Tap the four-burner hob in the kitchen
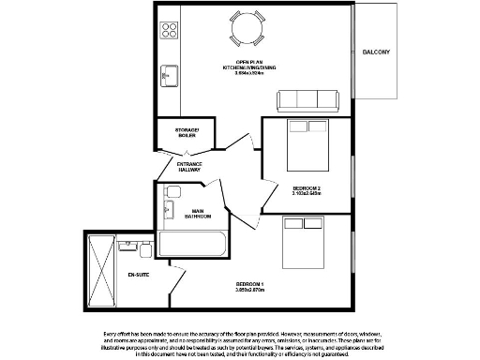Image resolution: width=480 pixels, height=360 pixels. [169, 30]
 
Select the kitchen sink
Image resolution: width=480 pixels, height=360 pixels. [170, 72]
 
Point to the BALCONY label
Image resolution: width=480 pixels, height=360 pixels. [375, 52]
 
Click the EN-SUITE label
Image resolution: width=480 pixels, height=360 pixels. [139, 275]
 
